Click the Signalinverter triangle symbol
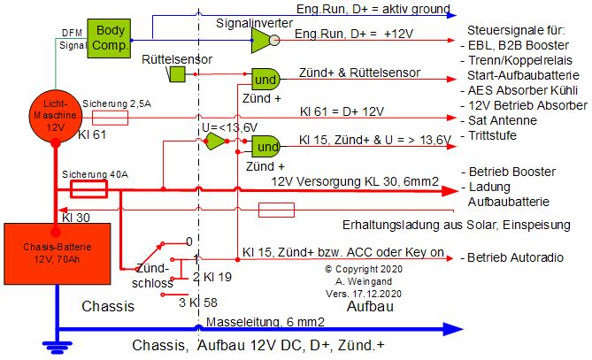coord(263,38)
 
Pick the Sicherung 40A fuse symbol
coord(88,189)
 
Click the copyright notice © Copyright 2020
coord(365,267)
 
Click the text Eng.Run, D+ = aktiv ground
coord(373,10)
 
